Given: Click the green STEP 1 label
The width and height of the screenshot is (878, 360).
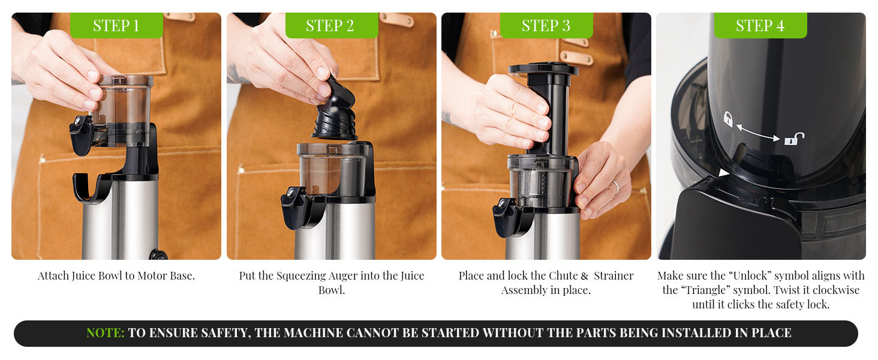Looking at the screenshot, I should (x=116, y=26).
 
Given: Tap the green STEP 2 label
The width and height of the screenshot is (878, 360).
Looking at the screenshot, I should (x=330, y=26).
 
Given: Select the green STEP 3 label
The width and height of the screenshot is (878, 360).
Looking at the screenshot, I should (x=546, y=26).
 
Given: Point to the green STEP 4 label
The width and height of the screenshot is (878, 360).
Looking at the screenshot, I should (x=760, y=26).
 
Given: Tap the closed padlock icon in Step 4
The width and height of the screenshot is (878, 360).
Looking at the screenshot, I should (x=728, y=119).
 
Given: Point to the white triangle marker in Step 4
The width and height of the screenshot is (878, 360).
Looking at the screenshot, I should (x=724, y=173).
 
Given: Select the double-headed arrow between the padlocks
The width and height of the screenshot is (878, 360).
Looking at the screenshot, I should (x=760, y=132).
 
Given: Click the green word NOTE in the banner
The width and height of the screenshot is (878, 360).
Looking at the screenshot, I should (x=105, y=333).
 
